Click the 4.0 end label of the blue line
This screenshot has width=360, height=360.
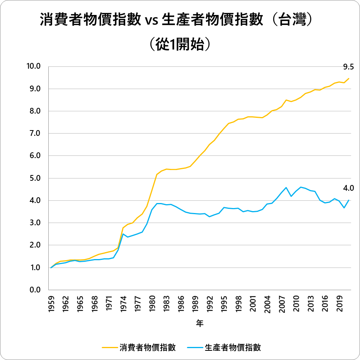click(348, 188)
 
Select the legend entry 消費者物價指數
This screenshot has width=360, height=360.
click(147, 347)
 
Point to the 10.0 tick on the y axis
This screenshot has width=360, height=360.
click(34, 66)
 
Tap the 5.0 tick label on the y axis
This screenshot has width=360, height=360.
click(36, 178)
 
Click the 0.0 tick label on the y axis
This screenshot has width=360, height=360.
click(36, 290)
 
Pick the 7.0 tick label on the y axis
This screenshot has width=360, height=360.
click(36, 134)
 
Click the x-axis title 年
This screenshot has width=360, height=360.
click(200, 324)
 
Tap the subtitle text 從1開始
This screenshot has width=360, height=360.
click(180, 44)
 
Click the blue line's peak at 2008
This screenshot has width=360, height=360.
click(286, 188)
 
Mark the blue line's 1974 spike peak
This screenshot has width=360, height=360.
click(123, 234)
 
